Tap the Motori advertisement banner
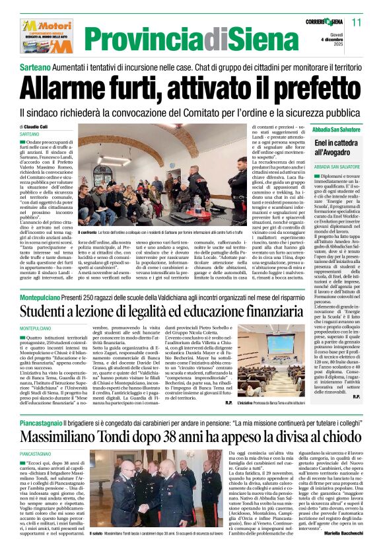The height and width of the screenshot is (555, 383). pyautogui.click(x=48, y=35)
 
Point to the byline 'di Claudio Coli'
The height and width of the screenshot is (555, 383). pyautogui.click(x=38, y=126)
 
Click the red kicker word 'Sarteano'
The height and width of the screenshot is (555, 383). pyautogui.click(x=35, y=69)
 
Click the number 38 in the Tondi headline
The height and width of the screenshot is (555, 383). pyautogui.click(x=193, y=436)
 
